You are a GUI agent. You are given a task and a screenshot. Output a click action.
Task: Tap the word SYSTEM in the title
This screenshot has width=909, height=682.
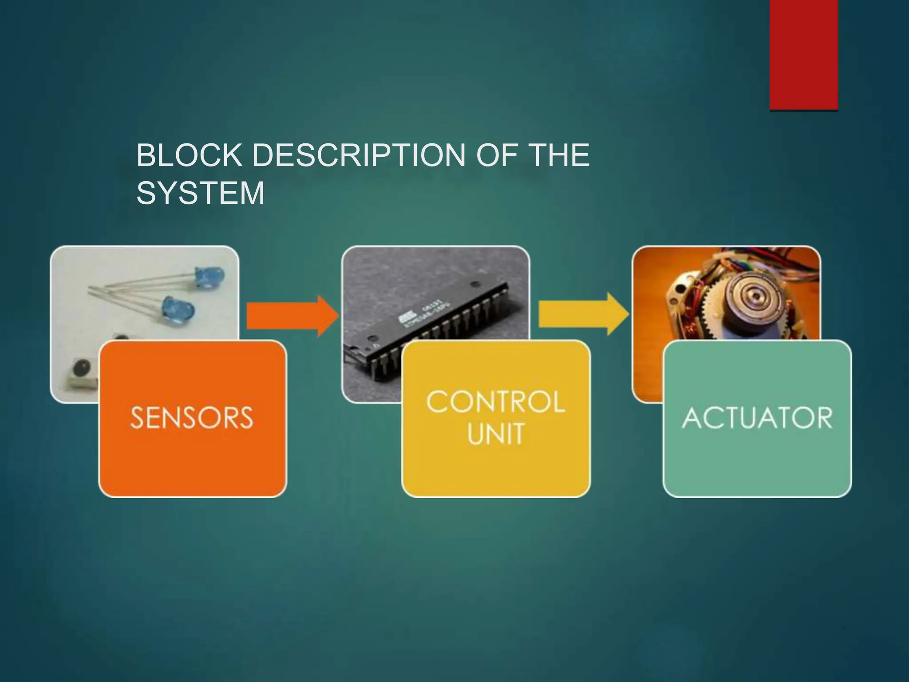(x=200, y=193)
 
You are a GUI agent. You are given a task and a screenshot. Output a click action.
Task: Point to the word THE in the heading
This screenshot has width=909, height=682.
(x=557, y=155)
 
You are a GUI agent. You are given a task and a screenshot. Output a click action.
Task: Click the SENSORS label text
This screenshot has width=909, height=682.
(x=192, y=418)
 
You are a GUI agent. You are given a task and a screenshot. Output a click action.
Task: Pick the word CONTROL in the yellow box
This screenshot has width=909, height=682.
(x=495, y=402)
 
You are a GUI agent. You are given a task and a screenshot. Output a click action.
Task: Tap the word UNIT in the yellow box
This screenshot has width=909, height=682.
(x=496, y=434)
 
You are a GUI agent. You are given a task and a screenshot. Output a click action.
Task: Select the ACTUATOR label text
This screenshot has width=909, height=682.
(x=757, y=418)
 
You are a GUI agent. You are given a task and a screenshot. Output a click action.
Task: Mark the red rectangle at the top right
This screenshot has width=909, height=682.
(x=803, y=54)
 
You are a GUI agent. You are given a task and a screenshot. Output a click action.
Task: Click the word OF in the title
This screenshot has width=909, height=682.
(x=492, y=155)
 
